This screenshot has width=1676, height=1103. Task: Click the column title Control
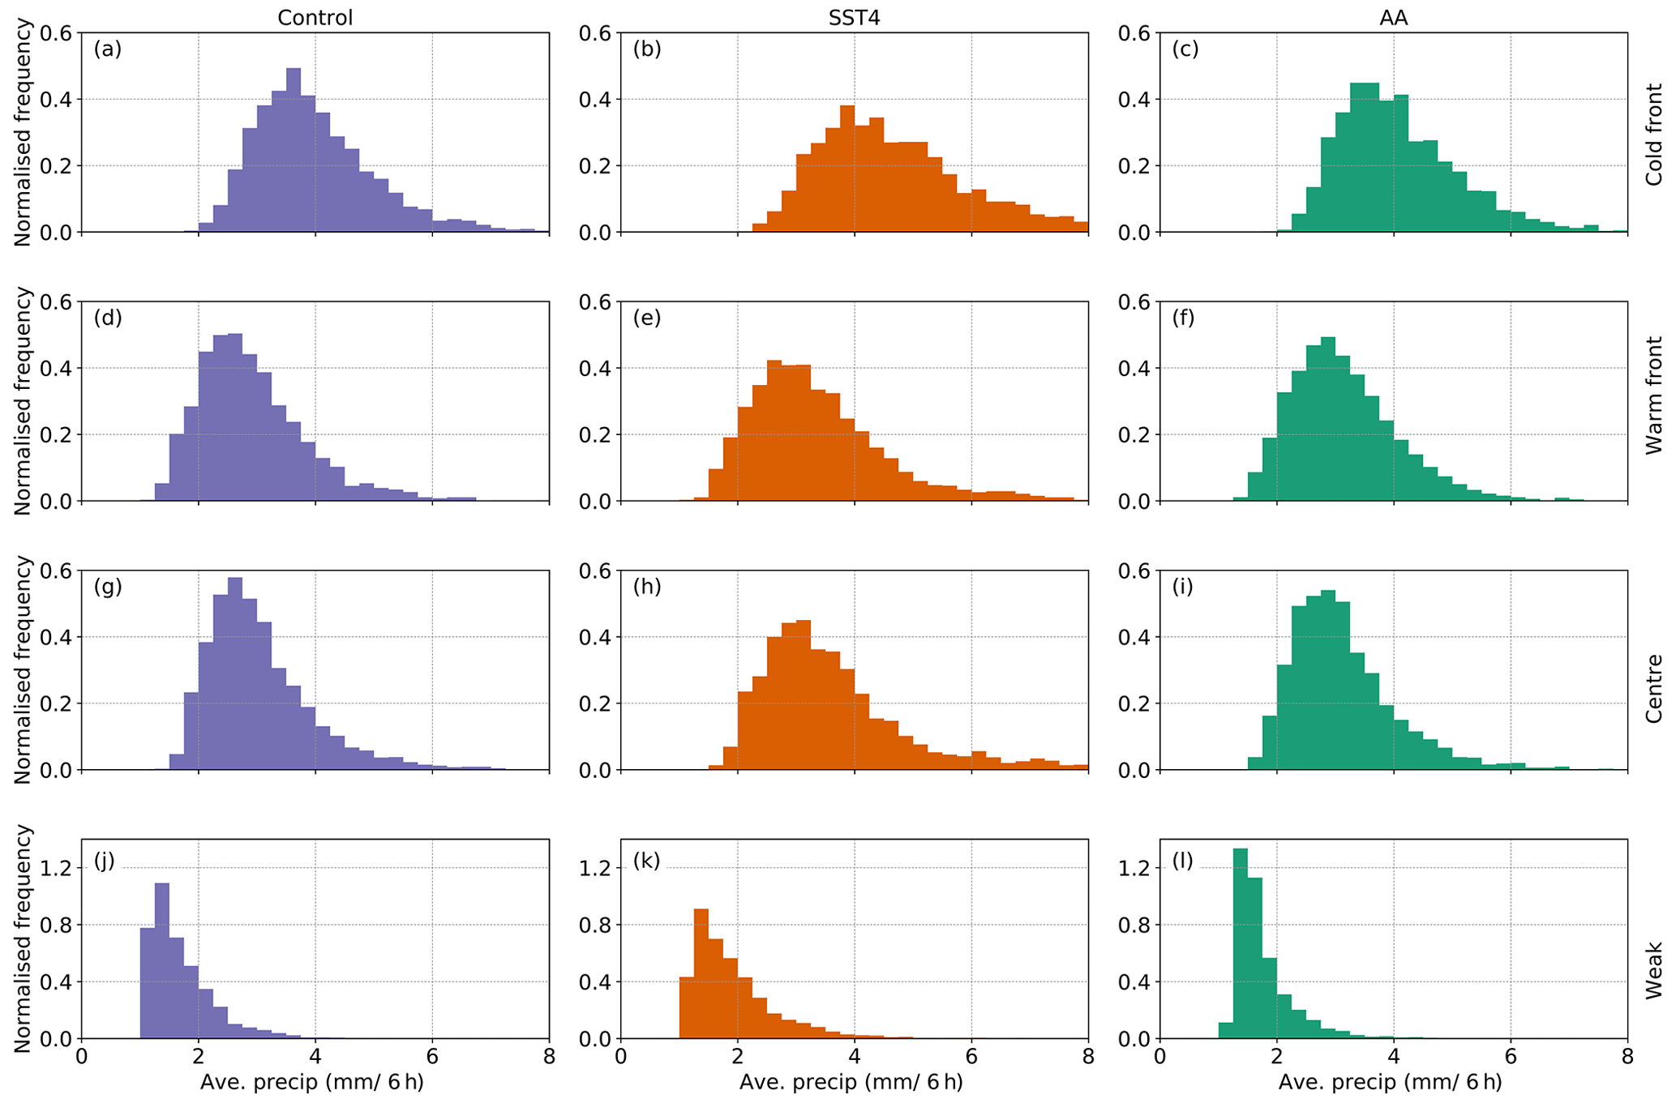pos(315,18)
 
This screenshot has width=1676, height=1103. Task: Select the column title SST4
pos(854,18)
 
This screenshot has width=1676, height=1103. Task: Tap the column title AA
pos(1393,18)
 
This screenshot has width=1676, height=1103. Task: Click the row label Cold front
pos(1653,134)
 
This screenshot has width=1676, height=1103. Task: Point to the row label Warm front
pos(1653,395)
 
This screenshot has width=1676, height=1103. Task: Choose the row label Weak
pos(1653,969)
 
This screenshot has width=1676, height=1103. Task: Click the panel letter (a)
pos(108,49)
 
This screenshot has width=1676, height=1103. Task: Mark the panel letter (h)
pos(647,587)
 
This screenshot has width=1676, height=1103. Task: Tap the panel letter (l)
pos(1182,860)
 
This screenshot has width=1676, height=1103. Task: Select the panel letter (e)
pos(647,318)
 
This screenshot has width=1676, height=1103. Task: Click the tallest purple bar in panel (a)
pos(294,150)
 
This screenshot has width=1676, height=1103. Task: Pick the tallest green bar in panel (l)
pos(1240,944)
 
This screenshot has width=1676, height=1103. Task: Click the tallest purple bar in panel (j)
pos(162,961)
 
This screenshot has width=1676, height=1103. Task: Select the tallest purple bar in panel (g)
pos(235,673)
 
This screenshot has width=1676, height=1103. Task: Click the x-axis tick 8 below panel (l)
pos(1627,1057)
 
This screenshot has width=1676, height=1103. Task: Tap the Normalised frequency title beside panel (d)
pos(22,401)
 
